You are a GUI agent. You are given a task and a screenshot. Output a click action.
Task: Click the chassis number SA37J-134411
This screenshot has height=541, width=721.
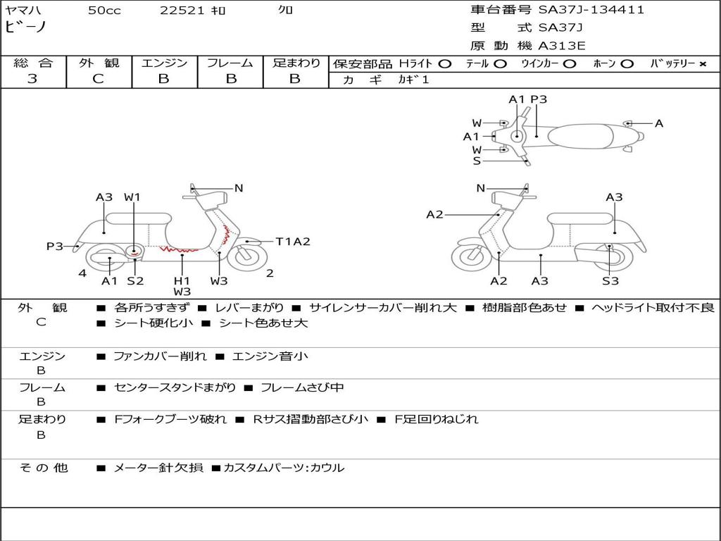591,10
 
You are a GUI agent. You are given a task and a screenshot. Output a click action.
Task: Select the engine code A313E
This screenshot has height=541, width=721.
562,46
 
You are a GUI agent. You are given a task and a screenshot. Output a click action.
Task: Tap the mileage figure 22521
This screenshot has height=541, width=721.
182,11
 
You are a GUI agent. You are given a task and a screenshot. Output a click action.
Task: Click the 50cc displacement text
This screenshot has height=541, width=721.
104,11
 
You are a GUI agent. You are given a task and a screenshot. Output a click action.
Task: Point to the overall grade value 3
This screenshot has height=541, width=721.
32,79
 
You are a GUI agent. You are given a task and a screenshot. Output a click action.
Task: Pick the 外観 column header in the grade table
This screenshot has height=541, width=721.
99,63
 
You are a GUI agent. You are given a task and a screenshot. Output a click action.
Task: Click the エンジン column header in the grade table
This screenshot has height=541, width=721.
164,63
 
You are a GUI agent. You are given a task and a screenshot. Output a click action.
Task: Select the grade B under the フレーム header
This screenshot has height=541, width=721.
230,79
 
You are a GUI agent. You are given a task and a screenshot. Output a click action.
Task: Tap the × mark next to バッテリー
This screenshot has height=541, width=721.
702,64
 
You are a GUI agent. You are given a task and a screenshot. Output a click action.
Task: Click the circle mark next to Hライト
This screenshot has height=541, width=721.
444,64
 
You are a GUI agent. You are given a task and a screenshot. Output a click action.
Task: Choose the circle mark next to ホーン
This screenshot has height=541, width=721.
627,64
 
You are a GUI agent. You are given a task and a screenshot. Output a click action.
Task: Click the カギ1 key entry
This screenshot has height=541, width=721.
415,80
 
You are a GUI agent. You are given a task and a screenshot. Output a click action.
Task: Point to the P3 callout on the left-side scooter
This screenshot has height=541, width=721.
55,246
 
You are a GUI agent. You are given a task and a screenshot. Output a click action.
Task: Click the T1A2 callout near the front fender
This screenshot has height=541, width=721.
292,242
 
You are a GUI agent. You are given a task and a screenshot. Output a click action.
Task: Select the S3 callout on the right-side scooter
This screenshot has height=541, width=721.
610,281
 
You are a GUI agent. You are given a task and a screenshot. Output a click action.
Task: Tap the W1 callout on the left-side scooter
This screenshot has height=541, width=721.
132,197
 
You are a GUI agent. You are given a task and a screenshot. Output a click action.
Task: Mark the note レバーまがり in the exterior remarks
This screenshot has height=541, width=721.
250,308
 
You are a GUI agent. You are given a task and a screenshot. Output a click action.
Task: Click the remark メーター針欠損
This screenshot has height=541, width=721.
158,468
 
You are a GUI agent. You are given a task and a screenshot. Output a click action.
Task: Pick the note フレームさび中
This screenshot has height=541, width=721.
302,387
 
